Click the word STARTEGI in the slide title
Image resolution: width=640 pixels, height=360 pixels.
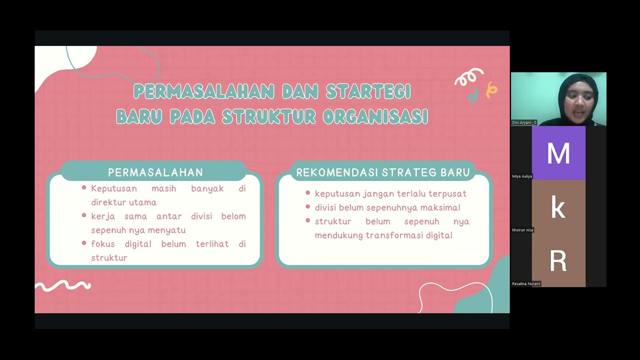pyautogui.click(x=368, y=91)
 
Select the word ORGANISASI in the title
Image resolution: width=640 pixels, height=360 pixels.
pyautogui.click(x=375, y=116)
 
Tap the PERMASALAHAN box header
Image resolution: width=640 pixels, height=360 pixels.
pyautogui.click(x=155, y=172)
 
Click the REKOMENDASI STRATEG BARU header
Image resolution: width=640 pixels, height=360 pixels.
pyautogui.click(x=383, y=172)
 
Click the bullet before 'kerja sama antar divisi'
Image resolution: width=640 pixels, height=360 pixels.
pyautogui.click(x=84, y=216)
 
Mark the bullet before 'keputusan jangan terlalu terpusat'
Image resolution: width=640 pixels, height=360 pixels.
pyautogui.click(x=307, y=193)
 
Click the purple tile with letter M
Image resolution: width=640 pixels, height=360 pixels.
pyautogui.click(x=558, y=153)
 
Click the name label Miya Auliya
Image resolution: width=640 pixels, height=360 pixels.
pyautogui.click(x=522, y=176)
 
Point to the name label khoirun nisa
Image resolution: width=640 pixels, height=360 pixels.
pyautogui.click(x=522, y=230)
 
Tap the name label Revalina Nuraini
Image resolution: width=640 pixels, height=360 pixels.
pyautogui.click(x=526, y=283)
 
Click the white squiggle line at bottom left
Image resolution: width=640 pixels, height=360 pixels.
pyautogui.click(x=62, y=285)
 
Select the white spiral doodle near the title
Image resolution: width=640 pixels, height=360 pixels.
pyautogui.click(x=468, y=77)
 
